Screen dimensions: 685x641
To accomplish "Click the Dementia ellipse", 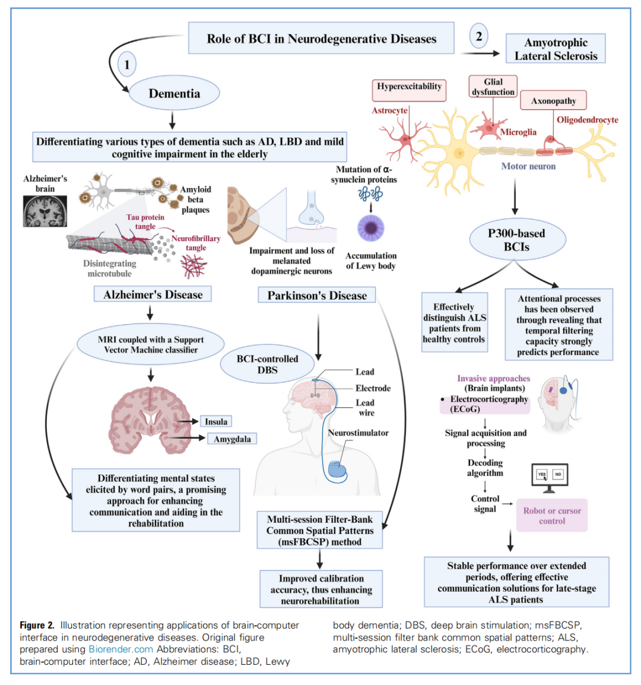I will click(174, 93).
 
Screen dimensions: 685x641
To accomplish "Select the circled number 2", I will click(479, 36).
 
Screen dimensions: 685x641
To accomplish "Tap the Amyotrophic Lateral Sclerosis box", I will click(556, 49).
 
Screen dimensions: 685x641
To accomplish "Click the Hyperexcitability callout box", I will click(409, 87).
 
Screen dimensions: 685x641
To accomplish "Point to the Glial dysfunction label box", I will click(493, 87).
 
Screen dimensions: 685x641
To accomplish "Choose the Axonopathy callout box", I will click(553, 101).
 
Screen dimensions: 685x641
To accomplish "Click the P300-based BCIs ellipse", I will click(516, 240).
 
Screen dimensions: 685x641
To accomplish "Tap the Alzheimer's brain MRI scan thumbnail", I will click(45, 211).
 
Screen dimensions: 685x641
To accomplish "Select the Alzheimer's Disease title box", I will click(153, 294).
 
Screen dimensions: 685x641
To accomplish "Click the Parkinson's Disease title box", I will click(317, 295).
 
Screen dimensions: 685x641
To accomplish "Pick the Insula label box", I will click(216, 421).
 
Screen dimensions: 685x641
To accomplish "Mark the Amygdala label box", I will click(232, 439).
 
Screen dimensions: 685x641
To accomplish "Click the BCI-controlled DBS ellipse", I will click(267, 364).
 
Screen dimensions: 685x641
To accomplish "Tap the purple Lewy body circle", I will click(371, 228).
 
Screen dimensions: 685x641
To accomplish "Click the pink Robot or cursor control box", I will click(552, 515).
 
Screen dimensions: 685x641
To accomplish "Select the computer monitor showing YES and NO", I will click(549, 476).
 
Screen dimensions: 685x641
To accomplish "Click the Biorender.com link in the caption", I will click(120, 649).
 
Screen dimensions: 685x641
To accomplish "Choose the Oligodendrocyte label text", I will click(587, 120).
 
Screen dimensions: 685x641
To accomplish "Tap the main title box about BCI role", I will click(321, 39).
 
